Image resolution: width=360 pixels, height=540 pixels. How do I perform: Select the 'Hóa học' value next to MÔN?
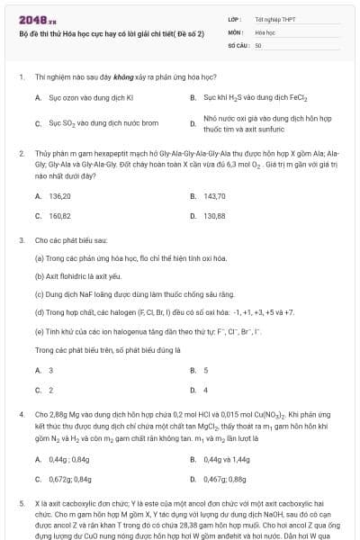click(265, 31)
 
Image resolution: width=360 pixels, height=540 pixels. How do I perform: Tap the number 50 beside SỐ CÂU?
click(258, 44)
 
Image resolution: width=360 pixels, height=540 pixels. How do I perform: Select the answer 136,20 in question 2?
click(60, 195)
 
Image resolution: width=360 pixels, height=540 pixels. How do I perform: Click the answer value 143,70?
click(214, 195)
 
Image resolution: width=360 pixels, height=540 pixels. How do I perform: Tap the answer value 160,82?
click(60, 216)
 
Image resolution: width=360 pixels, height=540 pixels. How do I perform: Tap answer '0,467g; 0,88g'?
click(225, 480)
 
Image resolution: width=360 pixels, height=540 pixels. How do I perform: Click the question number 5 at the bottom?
click(21, 504)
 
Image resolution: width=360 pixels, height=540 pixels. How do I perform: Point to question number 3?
click(21, 241)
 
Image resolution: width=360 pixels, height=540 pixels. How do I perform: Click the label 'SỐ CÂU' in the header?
click(238, 44)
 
